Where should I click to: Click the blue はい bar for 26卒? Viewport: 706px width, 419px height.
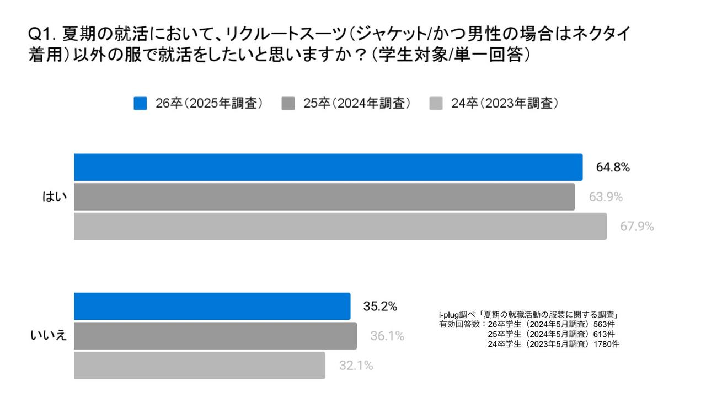[328, 167]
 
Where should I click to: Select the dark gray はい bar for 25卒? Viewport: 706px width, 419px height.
[324, 197]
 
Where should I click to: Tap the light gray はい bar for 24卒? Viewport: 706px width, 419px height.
[340, 227]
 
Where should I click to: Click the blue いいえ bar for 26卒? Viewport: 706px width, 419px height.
[212, 306]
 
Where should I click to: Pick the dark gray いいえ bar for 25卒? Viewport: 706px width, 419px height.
[215, 336]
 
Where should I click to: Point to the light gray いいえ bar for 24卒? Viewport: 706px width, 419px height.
[200, 366]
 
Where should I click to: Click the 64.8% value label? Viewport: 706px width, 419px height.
[613, 168]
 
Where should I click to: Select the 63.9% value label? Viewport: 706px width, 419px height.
[606, 197]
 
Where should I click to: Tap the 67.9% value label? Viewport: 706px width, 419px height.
[637, 227]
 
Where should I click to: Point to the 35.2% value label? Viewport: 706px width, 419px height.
[380, 307]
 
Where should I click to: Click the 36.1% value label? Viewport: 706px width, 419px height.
[387, 336]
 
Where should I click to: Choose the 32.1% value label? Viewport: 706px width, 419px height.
[356, 366]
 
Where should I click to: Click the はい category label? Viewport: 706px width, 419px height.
[55, 197]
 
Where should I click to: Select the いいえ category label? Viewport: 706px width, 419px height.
[49, 335]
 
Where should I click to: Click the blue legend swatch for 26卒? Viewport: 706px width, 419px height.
[140, 104]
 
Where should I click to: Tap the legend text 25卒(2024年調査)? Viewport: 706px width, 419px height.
[356, 104]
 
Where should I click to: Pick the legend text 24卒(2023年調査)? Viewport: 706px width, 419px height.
[504, 104]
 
